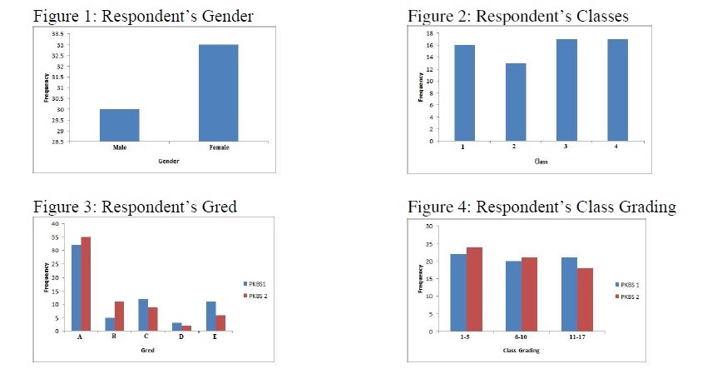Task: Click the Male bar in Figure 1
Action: click(x=119, y=125)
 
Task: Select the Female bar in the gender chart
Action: click(x=218, y=92)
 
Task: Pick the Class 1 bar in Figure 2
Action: click(x=463, y=92)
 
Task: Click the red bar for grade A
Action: click(x=86, y=283)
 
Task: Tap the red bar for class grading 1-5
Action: click(x=475, y=289)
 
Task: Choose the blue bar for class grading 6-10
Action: click(x=513, y=296)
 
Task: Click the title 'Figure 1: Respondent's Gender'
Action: click(x=142, y=17)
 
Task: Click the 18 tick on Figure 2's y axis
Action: click(x=431, y=33)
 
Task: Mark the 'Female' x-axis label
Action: click(x=218, y=147)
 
